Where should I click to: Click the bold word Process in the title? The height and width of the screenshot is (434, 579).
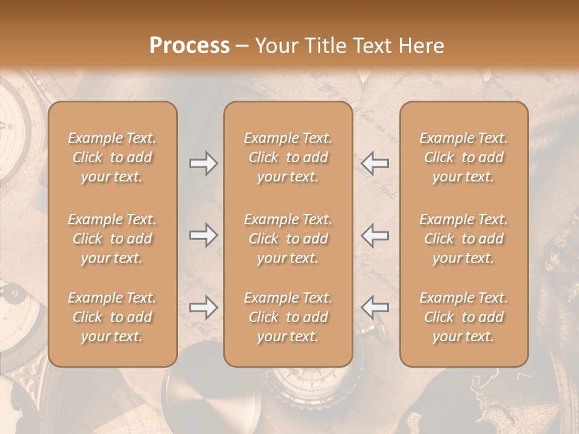pos(189,45)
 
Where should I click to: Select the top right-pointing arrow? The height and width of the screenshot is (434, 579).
pos(204,163)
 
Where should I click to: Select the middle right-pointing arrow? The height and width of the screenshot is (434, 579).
pos(204,235)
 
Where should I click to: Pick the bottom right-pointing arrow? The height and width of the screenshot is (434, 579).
pos(204,307)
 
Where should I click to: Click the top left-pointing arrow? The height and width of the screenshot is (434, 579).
pos(375,163)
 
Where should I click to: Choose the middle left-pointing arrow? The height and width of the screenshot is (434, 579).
pos(375,235)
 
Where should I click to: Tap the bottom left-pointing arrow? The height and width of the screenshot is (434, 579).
pos(375,307)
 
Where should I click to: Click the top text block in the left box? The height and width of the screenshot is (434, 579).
pos(112,157)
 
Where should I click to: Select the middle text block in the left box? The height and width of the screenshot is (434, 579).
pos(112,239)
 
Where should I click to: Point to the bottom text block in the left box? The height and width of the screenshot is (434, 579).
pos(112,317)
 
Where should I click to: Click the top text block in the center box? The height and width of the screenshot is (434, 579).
pos(288,157)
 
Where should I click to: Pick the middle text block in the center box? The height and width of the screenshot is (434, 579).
pos(288,239)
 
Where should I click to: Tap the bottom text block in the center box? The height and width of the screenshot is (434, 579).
pos(288,317)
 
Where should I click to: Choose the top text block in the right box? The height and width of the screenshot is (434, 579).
pos(463,157)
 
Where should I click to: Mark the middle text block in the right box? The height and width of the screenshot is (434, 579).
pos(463,239)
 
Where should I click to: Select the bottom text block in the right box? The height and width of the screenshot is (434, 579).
pos(463,317)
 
